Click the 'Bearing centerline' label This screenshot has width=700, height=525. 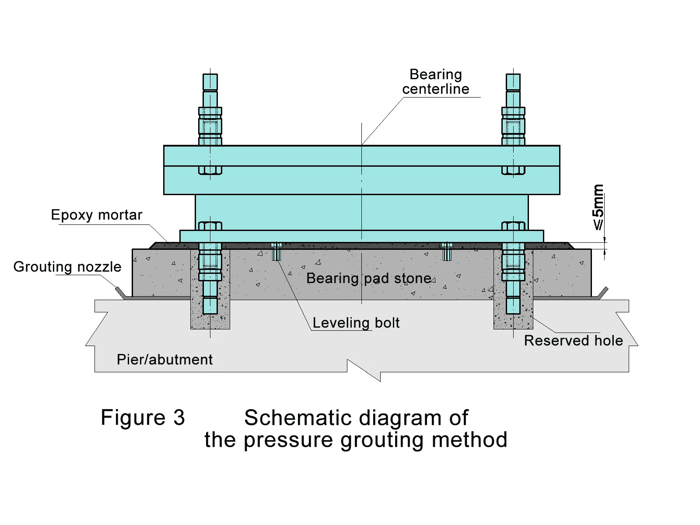(436, 82)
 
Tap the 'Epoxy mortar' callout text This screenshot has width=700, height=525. (97, 215)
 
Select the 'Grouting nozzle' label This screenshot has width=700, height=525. (67, 267)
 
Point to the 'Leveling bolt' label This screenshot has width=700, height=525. (356, 323)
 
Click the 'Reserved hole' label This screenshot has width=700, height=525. (574, 340)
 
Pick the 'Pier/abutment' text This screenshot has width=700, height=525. (164, 360)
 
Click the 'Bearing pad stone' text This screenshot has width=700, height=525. (369, 278)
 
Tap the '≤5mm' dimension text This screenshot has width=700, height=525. (598, 207)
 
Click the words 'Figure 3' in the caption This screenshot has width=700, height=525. (143, 417)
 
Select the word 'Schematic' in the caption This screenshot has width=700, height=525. (298, 417)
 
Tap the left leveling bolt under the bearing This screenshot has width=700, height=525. (276, 251)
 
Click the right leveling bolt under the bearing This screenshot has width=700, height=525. (447, 251)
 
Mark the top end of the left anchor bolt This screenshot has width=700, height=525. (210, 74)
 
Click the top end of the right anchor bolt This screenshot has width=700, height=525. (513, 74)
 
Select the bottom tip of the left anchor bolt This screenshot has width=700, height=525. (210, 314)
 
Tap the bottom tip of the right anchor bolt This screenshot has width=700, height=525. (513, 314)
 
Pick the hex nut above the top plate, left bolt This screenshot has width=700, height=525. (210, 126)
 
